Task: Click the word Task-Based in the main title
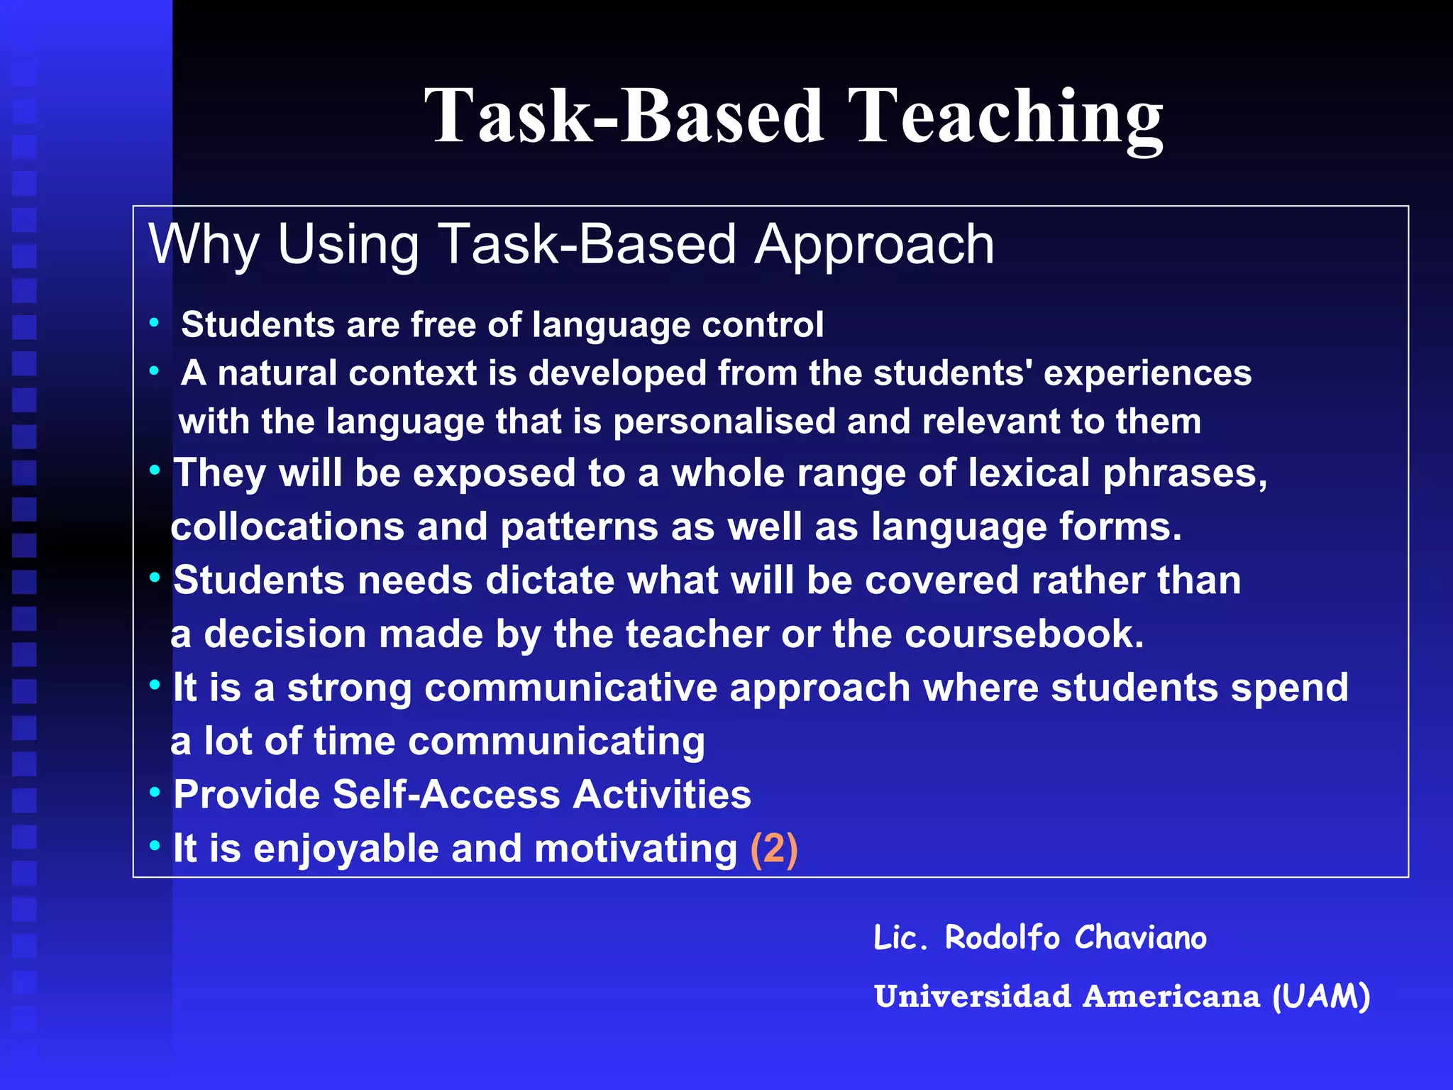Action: (624, 117)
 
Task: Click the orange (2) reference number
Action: (774, 849)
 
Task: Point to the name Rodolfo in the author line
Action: (1002, 938)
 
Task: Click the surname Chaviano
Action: (1140, 938)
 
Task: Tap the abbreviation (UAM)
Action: (1321, 996)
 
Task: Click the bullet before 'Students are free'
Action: (154, 323)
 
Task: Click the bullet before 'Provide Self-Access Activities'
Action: (155, 792)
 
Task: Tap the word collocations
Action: (287, 527)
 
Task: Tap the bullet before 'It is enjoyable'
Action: (155, 846)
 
